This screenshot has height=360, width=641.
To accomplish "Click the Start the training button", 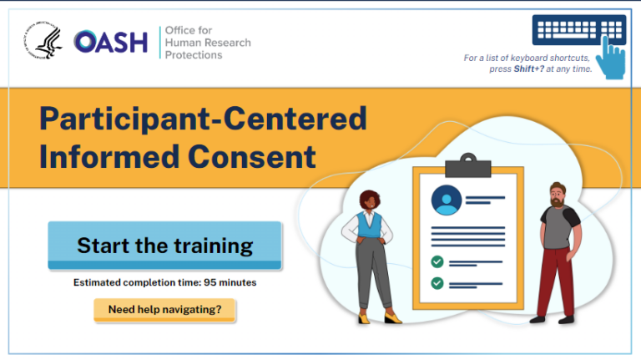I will [164, 246].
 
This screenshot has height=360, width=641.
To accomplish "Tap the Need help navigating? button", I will [164, 310].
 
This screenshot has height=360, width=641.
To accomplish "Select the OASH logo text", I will [110, 42].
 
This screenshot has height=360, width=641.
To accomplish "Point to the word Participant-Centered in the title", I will [203, 119].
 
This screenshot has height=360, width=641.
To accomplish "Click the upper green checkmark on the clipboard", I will [437, 262].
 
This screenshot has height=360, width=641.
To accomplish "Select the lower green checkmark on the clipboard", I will [437, 283].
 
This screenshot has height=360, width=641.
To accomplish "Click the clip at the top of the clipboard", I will [467, 161].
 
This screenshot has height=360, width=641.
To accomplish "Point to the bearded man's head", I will [557, 195].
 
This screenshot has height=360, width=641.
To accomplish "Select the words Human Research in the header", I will [207, 43].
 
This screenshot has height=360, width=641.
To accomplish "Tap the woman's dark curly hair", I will [371, 200].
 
